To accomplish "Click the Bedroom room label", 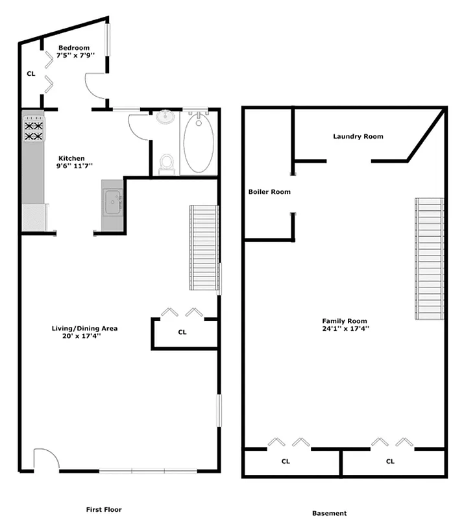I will coord(75,48).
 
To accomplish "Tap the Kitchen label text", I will coord(71,159).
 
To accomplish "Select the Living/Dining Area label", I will coord(84,328).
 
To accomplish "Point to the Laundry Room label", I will coord(358,136).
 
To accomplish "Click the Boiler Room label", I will coord(269,192).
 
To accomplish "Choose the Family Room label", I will coord(345,321).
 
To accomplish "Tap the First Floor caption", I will coord(104,510).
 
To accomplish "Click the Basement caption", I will coord(329,513).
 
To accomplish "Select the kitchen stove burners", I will coord(34,131).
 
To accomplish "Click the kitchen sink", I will coord(114,201).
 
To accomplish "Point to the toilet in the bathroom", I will coord(167,163).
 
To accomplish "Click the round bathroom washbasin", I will coord(165,119).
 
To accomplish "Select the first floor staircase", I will coord(203,248).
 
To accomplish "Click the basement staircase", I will coord(429,258).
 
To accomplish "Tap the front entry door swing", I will coord(45,458).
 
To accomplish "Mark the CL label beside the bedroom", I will coord(31,74).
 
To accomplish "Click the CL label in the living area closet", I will coord(182,332).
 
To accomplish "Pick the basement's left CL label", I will coord(286,462).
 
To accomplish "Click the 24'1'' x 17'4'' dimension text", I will coord(345,330).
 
